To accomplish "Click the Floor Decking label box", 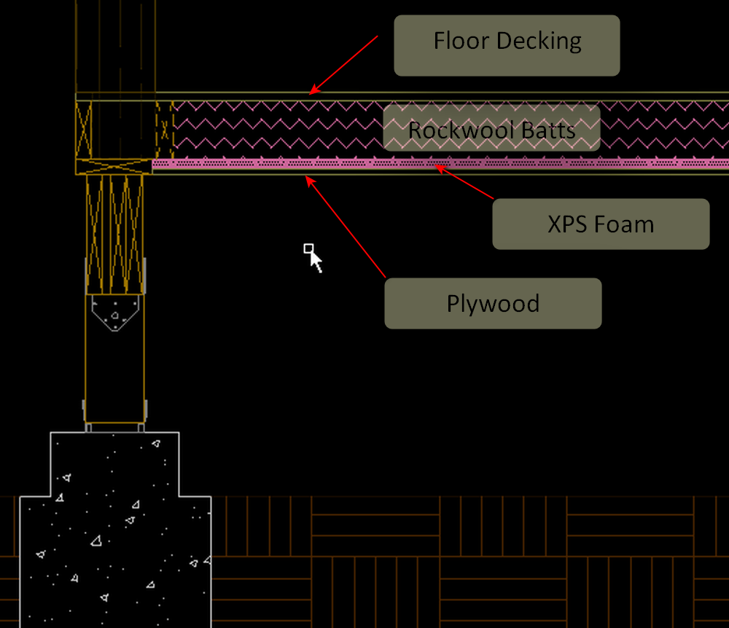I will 507,45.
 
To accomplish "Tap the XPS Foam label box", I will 601,224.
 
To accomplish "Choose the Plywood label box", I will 493,303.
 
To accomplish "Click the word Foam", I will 628,224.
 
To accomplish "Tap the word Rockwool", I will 461,131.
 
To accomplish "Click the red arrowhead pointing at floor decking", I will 313,90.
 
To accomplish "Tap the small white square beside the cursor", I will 308,248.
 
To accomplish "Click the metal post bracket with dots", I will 114,313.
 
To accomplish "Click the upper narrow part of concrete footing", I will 114,463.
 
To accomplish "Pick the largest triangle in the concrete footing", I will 96,540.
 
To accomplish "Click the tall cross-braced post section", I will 114,233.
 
